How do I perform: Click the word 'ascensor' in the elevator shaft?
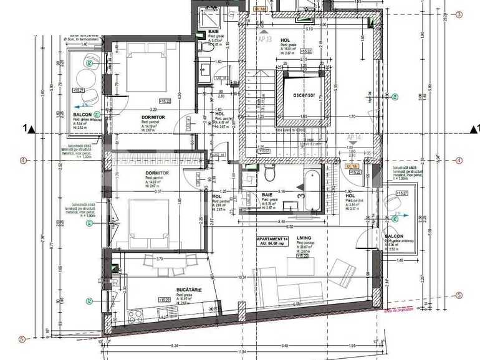[302, 95]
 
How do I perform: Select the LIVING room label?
[304, 237]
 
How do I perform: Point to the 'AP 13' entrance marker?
[266, 37]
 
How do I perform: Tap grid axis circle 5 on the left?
[23, 339]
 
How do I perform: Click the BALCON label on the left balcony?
[82, 115]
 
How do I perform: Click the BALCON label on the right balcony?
[393, 237]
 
